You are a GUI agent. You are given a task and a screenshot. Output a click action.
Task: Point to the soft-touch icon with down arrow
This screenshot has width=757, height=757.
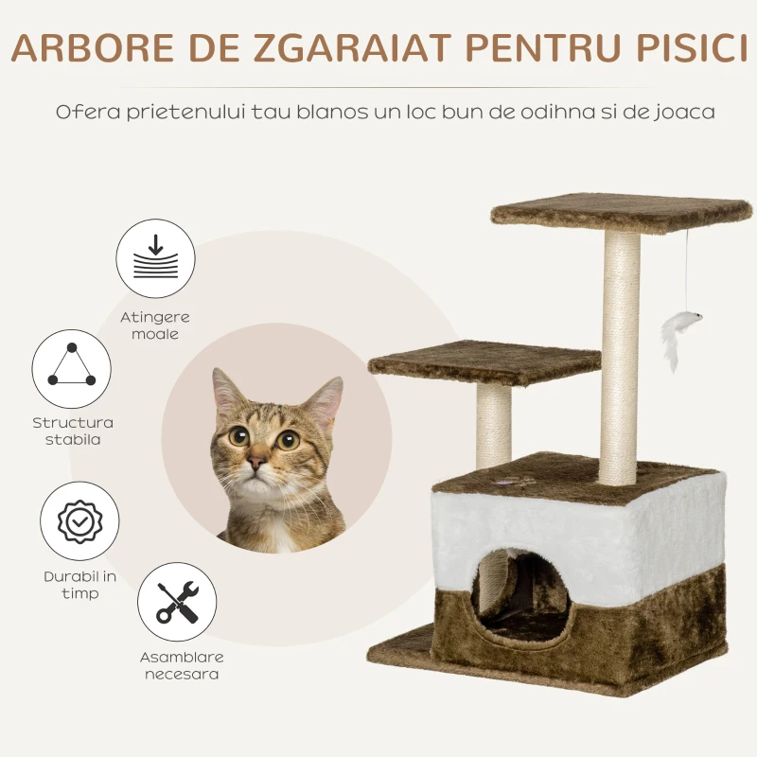(x=155, y=258)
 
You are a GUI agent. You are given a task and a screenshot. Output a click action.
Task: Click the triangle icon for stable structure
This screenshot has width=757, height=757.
(x=72, y=369)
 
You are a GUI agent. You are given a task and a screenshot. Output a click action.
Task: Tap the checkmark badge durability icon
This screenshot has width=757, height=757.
(x=79, y=521)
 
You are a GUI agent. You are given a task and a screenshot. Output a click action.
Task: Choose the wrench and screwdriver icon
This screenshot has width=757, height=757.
(x=177, y=602)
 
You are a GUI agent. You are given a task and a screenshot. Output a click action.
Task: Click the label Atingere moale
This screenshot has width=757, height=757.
(x=155, y=326)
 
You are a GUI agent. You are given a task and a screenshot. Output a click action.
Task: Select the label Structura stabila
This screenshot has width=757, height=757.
(x=73, y=431)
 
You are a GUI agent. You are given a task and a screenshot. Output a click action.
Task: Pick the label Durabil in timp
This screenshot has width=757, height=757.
(x=80, y=585)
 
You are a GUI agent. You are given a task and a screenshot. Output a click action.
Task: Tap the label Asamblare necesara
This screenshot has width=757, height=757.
(x=182, y=665)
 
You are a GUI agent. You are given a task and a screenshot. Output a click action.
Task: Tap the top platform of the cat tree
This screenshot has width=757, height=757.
(x=622, y=212)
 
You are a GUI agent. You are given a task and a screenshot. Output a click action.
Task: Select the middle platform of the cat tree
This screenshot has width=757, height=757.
(x=484, y=362)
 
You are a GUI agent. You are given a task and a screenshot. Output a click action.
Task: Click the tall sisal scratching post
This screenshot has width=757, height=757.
(x=621, y=358)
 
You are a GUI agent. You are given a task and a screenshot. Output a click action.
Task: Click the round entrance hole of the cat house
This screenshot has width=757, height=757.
(x=519, y=598)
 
